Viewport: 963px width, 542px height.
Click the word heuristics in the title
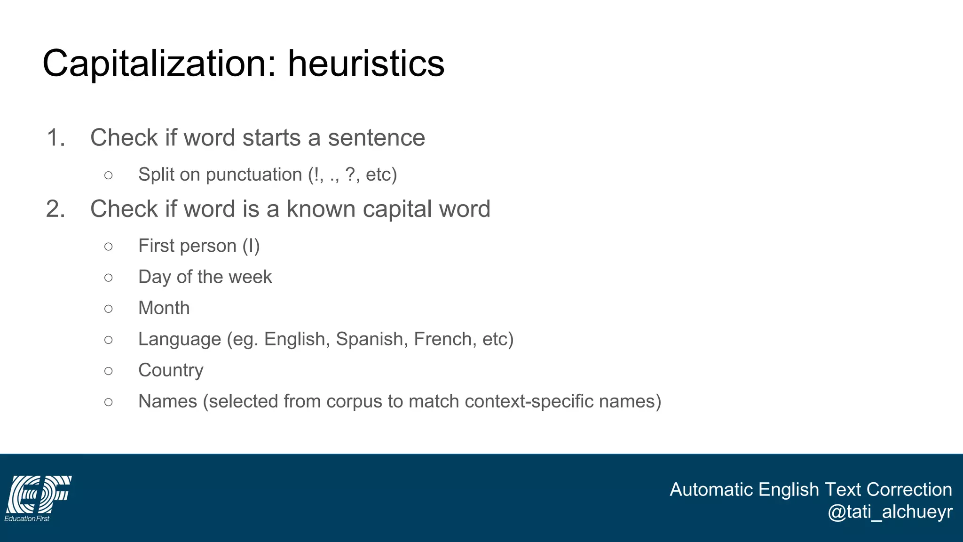pyautogui.click(x=366, y=64)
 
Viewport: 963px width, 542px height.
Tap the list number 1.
pyautogui.click(x=55, y=138)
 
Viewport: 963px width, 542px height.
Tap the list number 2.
pyautogui.click(x=55, y=209)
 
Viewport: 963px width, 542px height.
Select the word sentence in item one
pyautogui.click(x=376, y=138)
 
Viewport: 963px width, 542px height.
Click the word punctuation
pyautogui.click(x=254, y=175)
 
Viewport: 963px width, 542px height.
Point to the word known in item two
pyautogui.click(x=321, y=209)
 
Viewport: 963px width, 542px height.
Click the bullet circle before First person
pyautogui.click(x=109, y=246)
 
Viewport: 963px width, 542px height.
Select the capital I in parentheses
pyautogui.click(x=251, y=246)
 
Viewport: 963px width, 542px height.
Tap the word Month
pyautogui.click(x=164, y=308)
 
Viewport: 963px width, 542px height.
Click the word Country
pyautogui.click(x=171, y=371)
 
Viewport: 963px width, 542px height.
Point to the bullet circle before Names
pyautogui.click(x=109, y=402)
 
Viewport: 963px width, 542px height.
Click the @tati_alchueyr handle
pyautogui.click(x=890, y=512)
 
